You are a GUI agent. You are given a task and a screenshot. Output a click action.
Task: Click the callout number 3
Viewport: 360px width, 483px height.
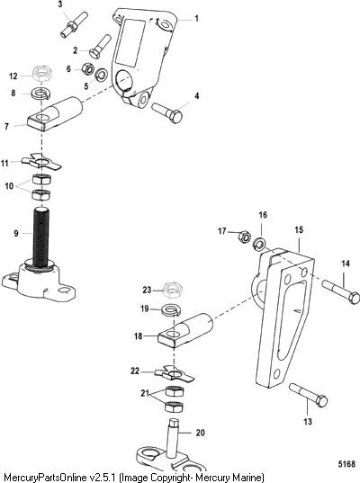[59, 4]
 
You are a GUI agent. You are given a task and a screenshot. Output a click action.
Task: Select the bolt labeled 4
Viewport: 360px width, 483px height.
[167, 112]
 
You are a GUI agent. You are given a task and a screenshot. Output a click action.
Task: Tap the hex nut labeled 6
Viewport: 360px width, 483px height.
[88, 68]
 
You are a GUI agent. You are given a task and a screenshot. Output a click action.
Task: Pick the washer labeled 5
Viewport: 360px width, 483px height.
[102, 76]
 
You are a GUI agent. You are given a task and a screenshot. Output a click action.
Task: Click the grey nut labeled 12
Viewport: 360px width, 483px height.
[42, 74]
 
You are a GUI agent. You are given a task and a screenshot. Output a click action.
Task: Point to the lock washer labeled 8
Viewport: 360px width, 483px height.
[41, 94]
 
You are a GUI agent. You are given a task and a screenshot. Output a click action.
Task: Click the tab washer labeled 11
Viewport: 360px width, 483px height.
[41, 162]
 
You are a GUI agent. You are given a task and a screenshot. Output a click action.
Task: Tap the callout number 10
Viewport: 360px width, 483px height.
[9, 186]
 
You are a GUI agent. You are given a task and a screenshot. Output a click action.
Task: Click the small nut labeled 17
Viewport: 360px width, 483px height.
[243, 237]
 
